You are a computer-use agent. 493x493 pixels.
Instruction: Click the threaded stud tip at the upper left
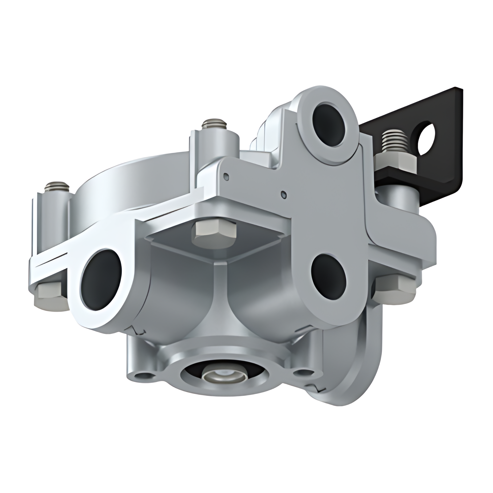(56, 186)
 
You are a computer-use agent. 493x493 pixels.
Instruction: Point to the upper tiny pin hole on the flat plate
(227, 176)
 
